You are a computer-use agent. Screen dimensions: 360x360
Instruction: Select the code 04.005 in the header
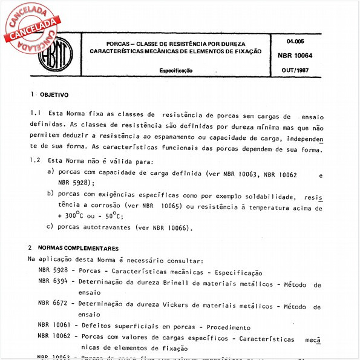coord(298,42)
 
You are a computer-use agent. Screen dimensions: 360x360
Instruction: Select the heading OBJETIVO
coord(54,94)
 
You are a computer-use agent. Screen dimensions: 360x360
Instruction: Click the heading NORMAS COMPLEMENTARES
coord(78,248)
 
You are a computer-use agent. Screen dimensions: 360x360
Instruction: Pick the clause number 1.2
coord(35,162)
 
